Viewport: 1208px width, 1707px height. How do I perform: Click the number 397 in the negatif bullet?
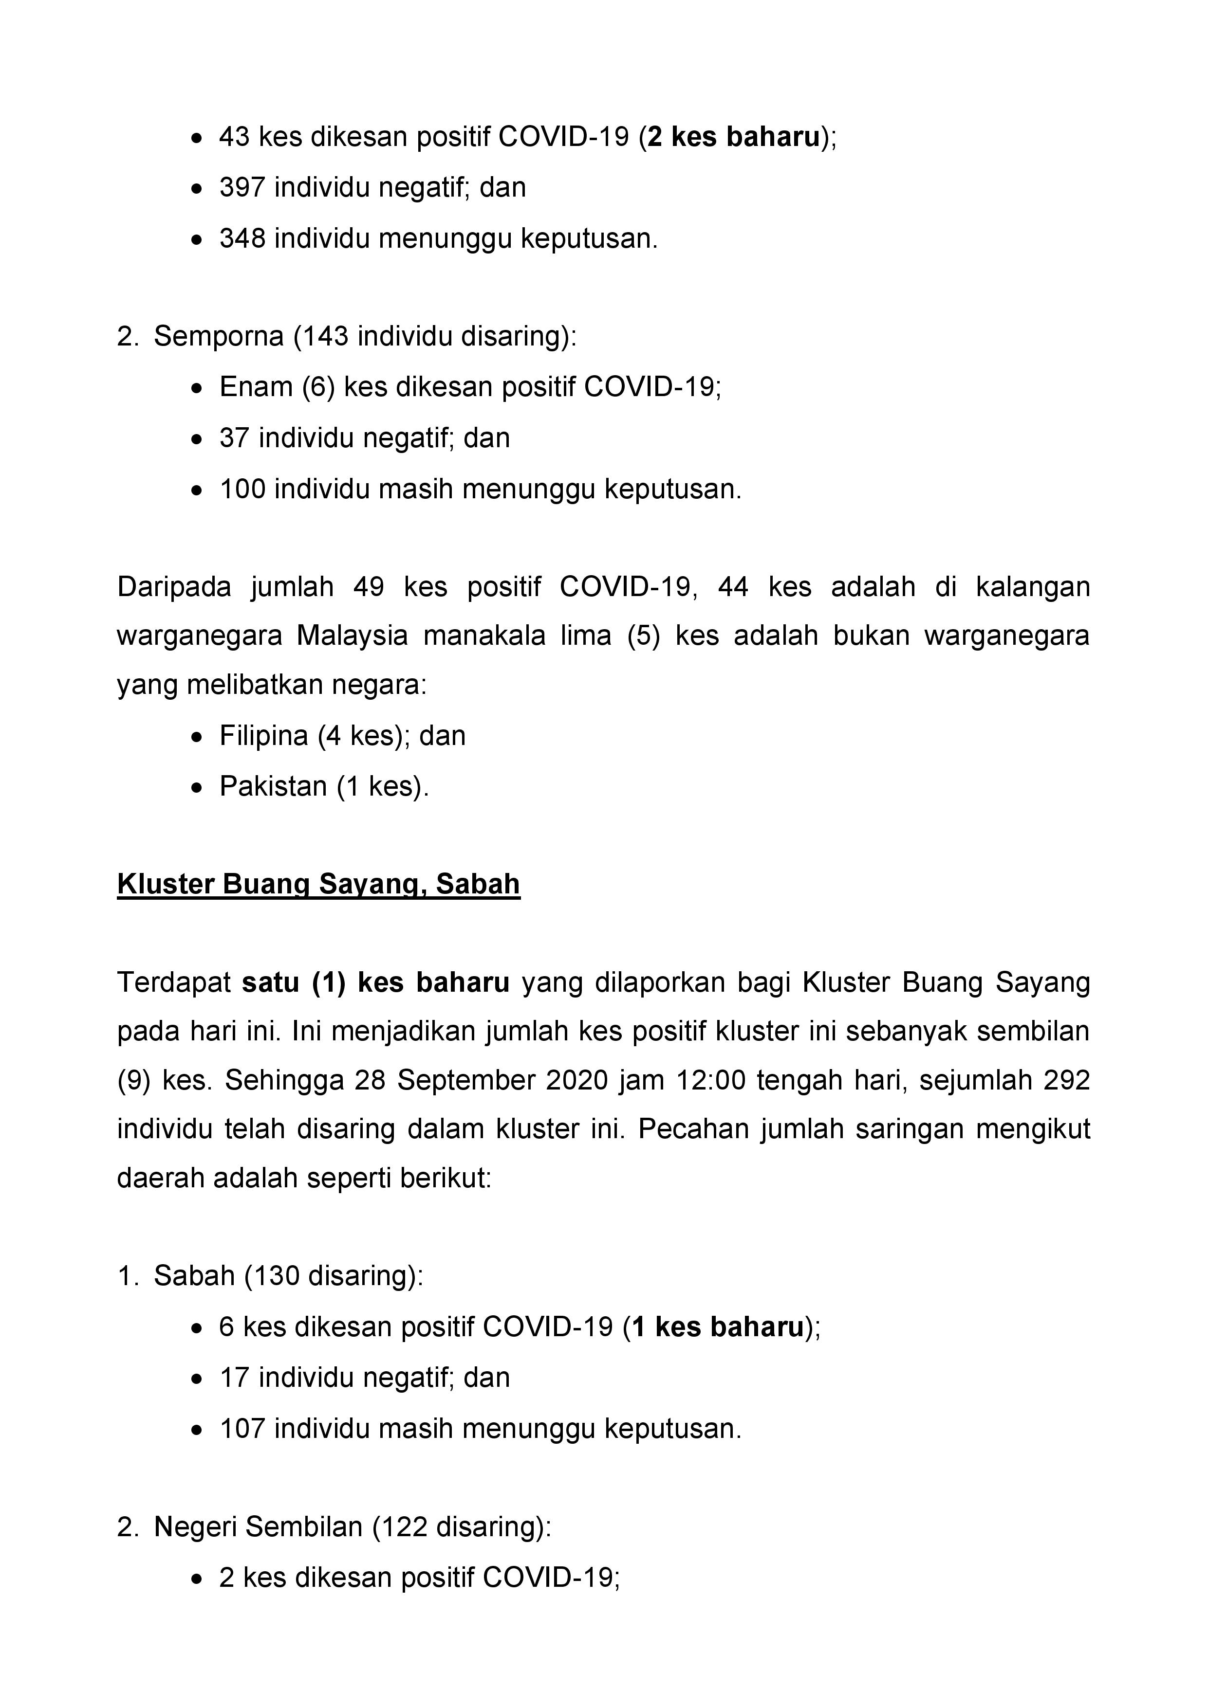coord(242,187)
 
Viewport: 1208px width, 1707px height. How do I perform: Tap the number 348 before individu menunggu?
coord(242,238)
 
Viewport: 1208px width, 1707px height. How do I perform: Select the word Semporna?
coord(219,337)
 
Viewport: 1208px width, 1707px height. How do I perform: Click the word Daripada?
coord(174,587)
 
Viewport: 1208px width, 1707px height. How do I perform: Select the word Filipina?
coord(263,736)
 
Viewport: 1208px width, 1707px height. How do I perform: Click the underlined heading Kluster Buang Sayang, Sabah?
coord(318,884)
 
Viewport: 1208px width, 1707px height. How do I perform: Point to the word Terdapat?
coord(174,983)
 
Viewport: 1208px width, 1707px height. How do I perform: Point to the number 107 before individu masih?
coord(242,1429)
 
